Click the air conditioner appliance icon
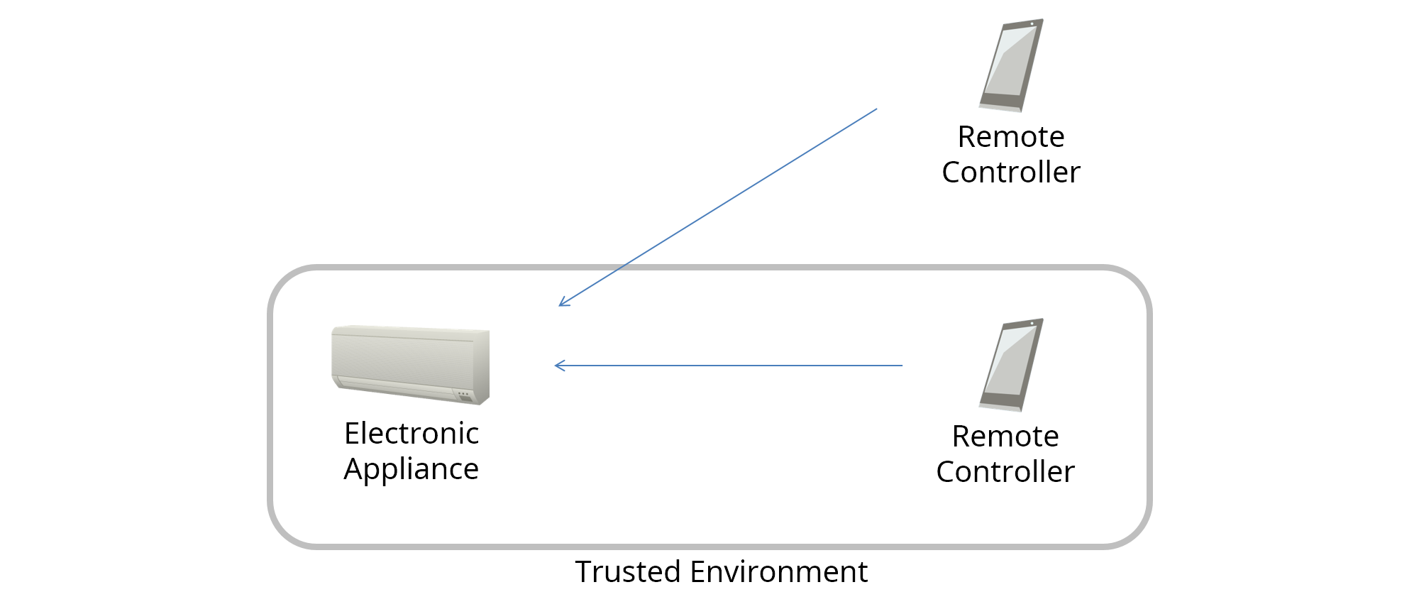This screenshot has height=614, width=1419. pos(410,365)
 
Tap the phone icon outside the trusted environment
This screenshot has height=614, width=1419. pos(1010,65)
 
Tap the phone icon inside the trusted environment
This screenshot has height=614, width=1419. pos(1010,365)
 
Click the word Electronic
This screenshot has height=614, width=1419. pos(412,434)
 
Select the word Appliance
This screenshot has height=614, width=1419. pos(412,469)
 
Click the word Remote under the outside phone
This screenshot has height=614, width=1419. pos(1010,137)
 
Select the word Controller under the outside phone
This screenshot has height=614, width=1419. pos(1010,172)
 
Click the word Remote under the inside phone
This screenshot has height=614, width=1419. pos(1005,437)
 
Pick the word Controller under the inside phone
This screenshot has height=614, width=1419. pos(1005,472)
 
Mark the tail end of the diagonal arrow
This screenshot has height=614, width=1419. pos(876,109)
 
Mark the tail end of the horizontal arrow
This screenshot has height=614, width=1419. pos(902,366)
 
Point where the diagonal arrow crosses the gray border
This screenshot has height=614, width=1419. pos(621,268)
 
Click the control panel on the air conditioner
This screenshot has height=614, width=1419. pos(464,395)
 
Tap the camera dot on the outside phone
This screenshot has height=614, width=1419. pos(1032,24)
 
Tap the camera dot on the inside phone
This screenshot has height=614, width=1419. pos(1032,324)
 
